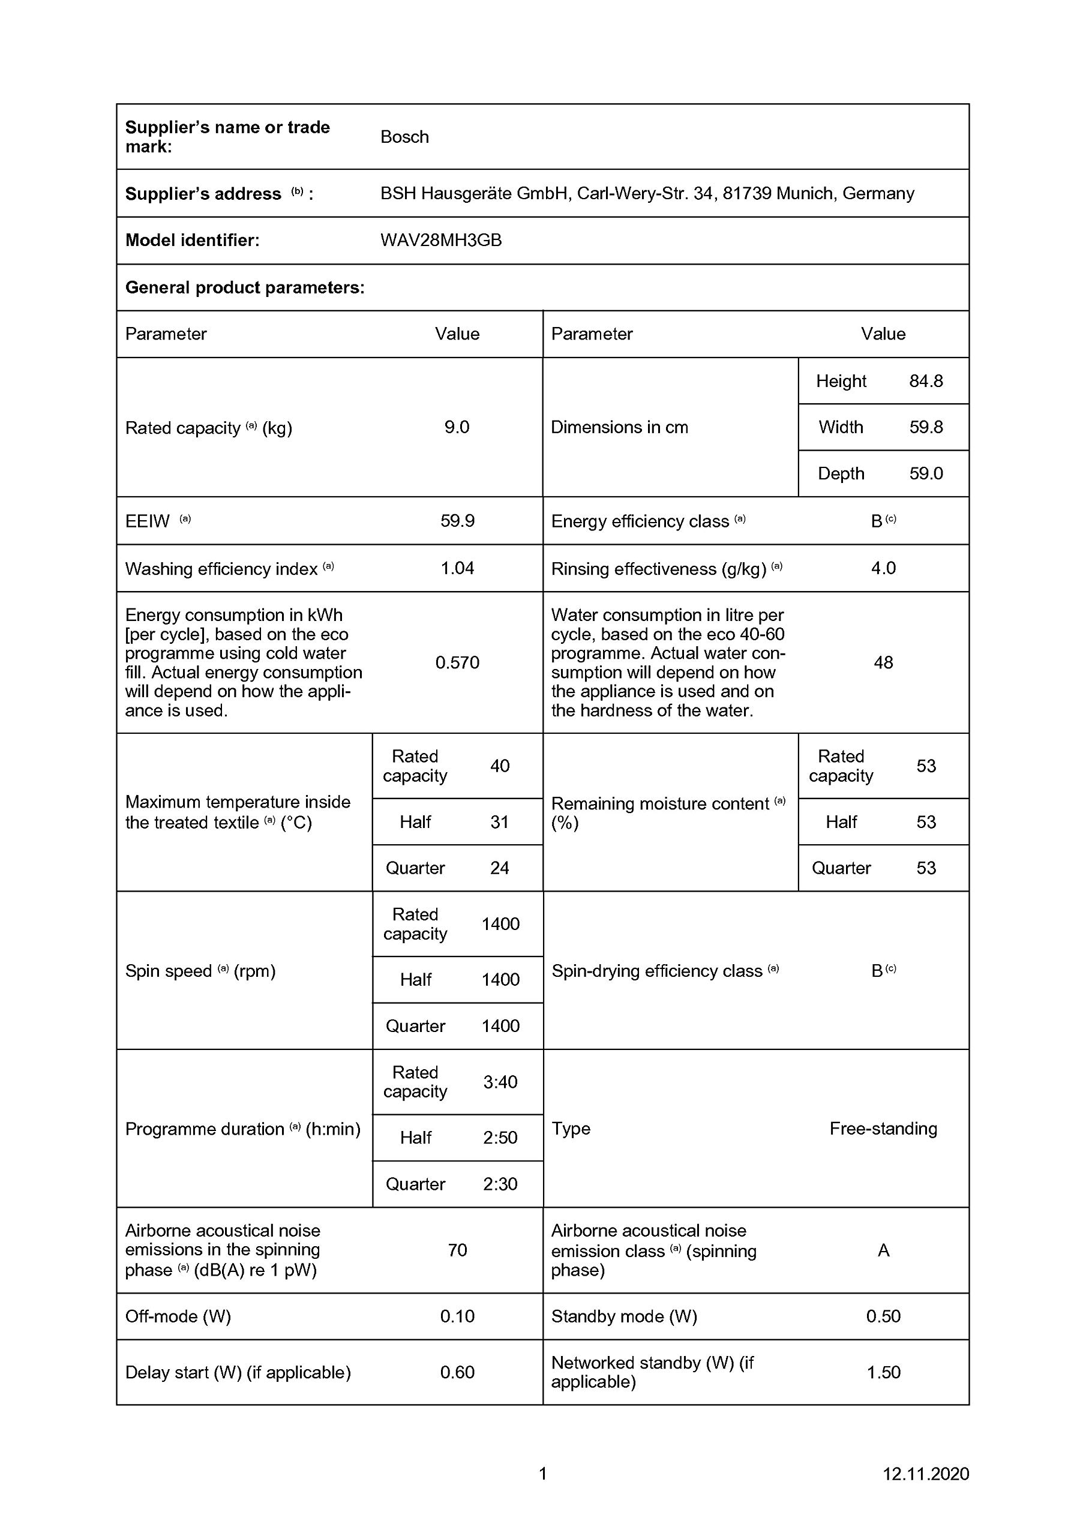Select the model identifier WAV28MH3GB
[x=441, y=240]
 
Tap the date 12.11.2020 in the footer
[x=925, y=1473]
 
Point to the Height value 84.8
[x=925, y=382]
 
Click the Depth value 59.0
[x=925, y=473]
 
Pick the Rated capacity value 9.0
[x=457, y=427]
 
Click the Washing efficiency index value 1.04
[x=457, y=568]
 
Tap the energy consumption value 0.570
[x=457, y=662]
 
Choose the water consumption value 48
[x=883, y=662]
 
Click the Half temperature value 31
[x=499, y=821]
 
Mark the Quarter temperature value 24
[x=499, y=868]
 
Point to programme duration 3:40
[x=500, y=1082]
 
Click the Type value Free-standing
[x=883, y=1129]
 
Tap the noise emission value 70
[x=457, y=1250]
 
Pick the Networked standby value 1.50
[x=883, y=1372]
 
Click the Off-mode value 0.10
[x=457, y=1316]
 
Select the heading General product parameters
[x=245, y=287]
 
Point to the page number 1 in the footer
[x=542, y=1473]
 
